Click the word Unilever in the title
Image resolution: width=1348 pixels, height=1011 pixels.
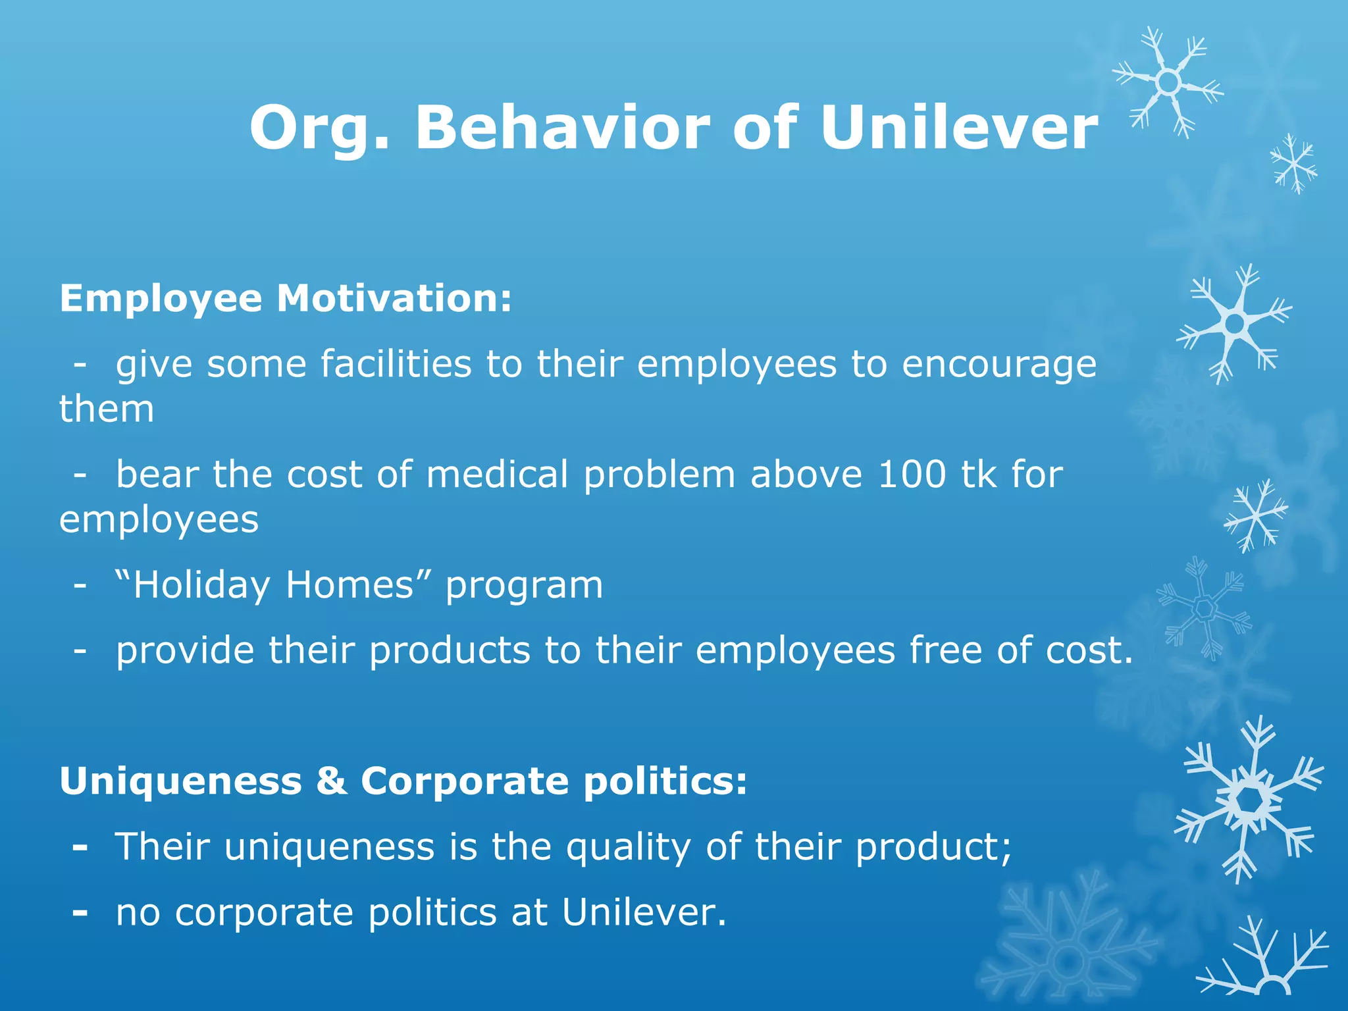pos(958,128)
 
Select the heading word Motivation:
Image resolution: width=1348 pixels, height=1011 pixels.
pos(394,298)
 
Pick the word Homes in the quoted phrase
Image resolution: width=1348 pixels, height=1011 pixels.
pos(350,584)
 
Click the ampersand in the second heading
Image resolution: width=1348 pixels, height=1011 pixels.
pos(331,781)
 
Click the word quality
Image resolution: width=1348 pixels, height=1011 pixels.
pos(629,848)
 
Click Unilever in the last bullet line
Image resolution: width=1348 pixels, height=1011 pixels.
pos(644,912)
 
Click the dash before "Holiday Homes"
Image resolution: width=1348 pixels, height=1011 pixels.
pos(80,584)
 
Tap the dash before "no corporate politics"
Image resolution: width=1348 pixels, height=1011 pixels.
pos(80,913)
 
